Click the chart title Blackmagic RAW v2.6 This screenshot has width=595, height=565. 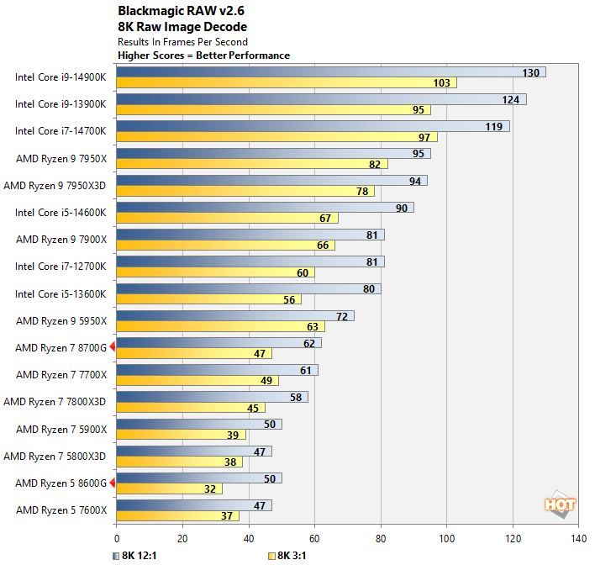pyautogui.click(x=176, y=13)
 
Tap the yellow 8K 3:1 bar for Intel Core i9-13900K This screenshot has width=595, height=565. pyautogui.click(x=273, y=110)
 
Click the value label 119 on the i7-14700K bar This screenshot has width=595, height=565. pyautogui.click(x=493, y=127)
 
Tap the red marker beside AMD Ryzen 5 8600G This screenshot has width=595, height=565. pyautogui.click(x=112, y=483)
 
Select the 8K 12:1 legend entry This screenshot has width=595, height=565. pyautogui.click(x=138, y=556)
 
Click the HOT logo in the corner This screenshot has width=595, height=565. pyautogui.click(x=560, y=504)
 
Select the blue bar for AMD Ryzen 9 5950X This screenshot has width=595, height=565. pyautogui.click(x=234, y=316)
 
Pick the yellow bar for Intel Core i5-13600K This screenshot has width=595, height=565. pyautogui.click(x=208, y=299)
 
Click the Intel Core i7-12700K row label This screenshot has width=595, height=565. pyautogui.click(x=61, y=267)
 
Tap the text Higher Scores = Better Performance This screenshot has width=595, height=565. pyautogui.click(x=203, y=55)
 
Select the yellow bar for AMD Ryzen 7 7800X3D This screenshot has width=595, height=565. pyautogui.click(x=190, y=408)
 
